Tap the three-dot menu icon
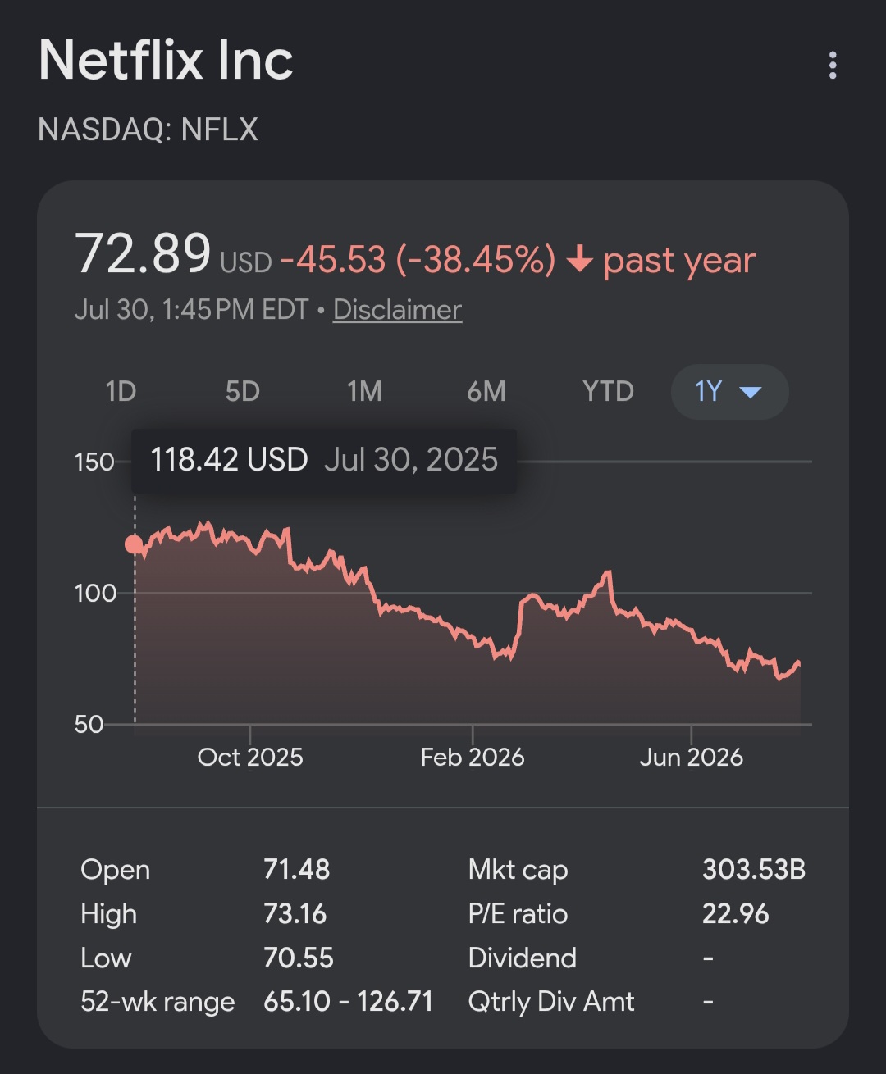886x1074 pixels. pyautogui.click(x=833, y=66)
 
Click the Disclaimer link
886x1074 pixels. pyautogui.click(x=397, y=310)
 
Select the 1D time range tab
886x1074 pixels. pyautogui.click(x=121, y=391)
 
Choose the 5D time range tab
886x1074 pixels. pyautogui.click(x=243, y=391)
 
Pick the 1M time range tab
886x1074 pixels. pyautogui.click(x=364, y=391)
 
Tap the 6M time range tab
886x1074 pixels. pyautogui.click(x=486, y=391)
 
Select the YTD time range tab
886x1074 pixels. pyautogui.click(x=608, y=391)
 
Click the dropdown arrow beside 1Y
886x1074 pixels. pyautogui.click(x=750, y=393)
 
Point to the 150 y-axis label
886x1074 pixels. pyautogui.click(x=94, y=462)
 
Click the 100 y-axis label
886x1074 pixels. pyautogui.click(x=96, y=594)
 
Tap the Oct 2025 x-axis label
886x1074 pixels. pyautogui.click(x=250, y=758)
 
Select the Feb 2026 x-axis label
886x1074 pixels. pyautogui.click(x=473, y=758)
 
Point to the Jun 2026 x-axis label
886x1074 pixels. pyautogui.click(x=692, y=758)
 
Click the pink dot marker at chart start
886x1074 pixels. pyautogui.click(x=135, y=544)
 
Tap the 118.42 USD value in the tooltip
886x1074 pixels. pyautogui.click(x=229, y=459)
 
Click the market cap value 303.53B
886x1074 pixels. pyautogui.click(x=754, y=870)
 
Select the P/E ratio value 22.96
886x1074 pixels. pyautogui.click(x=735, y=914)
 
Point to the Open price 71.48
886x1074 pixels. pyautogui.click(x=296, y=870)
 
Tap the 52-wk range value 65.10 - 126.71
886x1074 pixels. pyautogui.click(x=348, y=1002)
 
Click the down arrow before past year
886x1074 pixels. pyautogui.click(x=580, y=258)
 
